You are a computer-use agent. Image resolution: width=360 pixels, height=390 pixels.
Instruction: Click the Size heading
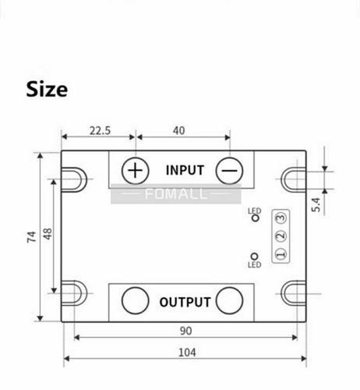point(47,89)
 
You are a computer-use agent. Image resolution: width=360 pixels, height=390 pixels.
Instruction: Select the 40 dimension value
point(179,132)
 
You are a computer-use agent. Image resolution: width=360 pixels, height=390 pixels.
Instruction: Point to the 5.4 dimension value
point(337,205)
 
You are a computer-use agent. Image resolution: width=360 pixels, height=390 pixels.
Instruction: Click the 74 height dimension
point(31,237)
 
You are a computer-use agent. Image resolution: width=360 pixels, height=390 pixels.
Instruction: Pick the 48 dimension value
point(48,234)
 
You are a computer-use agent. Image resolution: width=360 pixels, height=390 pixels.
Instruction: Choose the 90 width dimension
point(185,331)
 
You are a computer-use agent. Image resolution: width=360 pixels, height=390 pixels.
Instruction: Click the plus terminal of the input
point(136,170)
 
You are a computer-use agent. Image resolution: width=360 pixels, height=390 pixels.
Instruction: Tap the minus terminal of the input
point(229,170)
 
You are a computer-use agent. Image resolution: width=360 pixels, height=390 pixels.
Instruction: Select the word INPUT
point(185,170)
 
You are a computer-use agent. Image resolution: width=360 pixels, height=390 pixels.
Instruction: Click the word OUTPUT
point(185,302)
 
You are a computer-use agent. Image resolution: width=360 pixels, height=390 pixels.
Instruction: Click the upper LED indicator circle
point(254,219)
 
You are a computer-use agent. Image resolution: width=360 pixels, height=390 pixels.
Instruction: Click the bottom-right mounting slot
point(295,292)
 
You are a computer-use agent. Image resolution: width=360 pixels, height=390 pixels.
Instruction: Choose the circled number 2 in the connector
point(281,236)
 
